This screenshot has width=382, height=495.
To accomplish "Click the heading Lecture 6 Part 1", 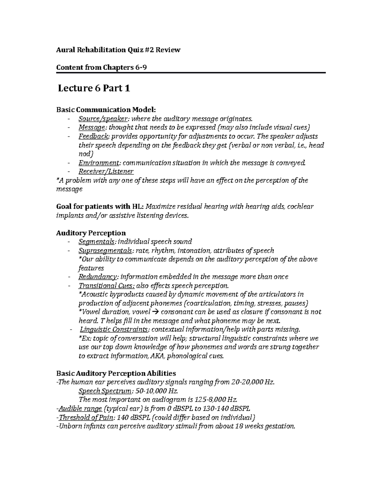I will [x=94, y=88].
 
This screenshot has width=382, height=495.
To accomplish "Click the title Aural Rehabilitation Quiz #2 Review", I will [x=118, y=50].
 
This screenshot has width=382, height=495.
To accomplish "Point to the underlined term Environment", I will [x=99, y=163].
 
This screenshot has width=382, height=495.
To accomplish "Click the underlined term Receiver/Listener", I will [x=106, y=171].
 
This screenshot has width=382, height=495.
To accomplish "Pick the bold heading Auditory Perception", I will [x=91, y=233].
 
